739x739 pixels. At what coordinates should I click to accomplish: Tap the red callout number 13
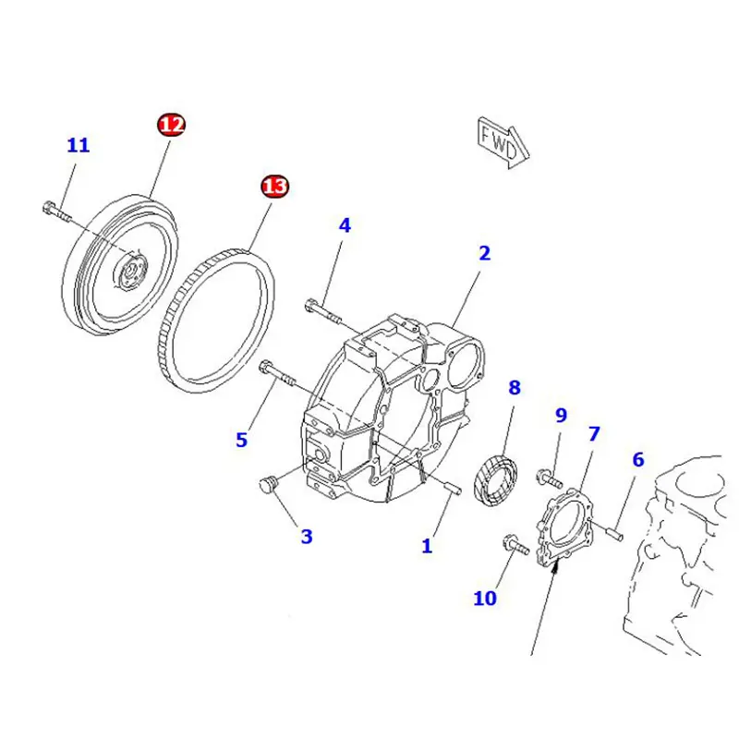[273, 188]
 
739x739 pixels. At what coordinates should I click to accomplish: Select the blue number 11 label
[79, 145]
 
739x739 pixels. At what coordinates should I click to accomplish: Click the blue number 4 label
[344, 224]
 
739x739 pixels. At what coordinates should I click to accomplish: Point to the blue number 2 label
[484, 253]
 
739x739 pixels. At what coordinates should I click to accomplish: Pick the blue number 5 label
[241, 440]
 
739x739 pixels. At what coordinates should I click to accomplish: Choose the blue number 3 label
[306, 536]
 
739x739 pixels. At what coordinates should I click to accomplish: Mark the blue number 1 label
[427, 546]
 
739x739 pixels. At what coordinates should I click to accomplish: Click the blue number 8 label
[515, 388]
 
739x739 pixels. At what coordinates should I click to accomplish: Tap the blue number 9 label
[560, 416]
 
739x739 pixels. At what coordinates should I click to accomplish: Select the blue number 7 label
[594, 432]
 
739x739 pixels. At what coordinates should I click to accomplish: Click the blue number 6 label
[637, 459]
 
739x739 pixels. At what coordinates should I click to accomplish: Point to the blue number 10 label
[485, 599]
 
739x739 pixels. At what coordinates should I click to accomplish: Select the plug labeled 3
[269, 485]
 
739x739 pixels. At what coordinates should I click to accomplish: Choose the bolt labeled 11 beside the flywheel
[57, 212]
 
